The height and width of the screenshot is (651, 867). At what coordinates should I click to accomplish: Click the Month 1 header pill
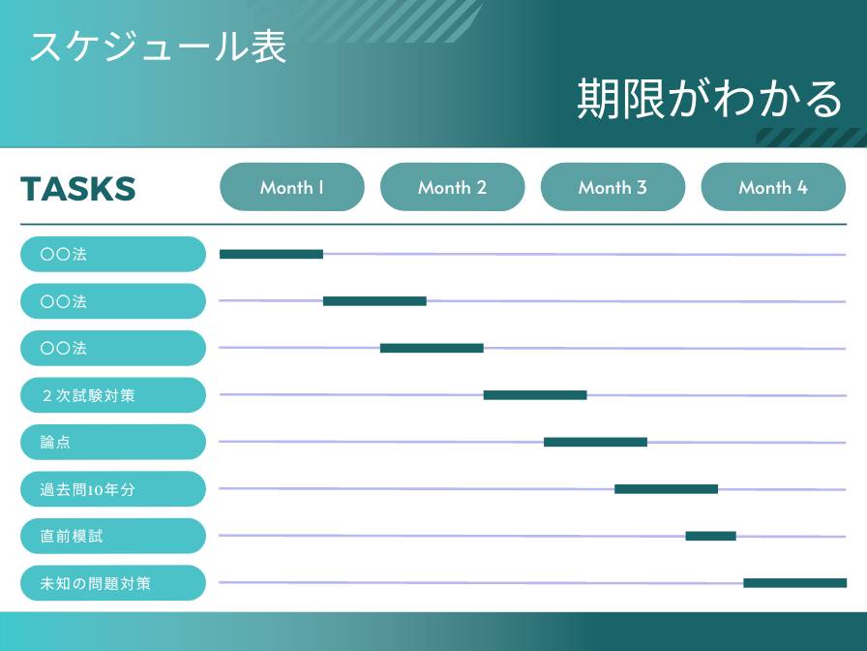pyautogui.click(x=292, y=187)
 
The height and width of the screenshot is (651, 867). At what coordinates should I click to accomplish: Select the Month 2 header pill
pyautogui.click(x=452, y=187)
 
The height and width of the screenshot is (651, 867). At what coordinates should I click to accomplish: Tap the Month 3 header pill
pyautogui.click(x=613, y=187)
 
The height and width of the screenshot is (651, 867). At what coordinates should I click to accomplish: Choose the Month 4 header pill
pyautogui.click(x=772, y=187)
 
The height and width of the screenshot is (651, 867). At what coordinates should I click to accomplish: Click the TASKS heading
pyautogui.click(x=77, y=188)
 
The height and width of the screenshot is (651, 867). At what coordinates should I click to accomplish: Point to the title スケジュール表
pyautogui.click(x=158, y=46)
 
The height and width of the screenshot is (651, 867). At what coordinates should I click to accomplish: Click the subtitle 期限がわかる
pyautogui.click(x=709, y=98)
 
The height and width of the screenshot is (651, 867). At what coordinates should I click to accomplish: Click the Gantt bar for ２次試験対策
pyautogui.click(x=535, y=395)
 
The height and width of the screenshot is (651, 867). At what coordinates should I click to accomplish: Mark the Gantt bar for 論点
pyautogui.click(x=595, y=442)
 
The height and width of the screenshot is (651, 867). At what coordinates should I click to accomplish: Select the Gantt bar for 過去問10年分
pyautogui.click(x=666, y=489)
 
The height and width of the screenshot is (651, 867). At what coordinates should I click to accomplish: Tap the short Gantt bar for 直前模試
pyautogui.click(x=710, y=536)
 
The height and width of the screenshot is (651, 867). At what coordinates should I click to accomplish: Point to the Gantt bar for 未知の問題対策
pyautogui.click(x=794, y=583)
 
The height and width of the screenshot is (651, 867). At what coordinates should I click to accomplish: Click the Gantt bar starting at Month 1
pyautogui.click(x=271, y=254)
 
